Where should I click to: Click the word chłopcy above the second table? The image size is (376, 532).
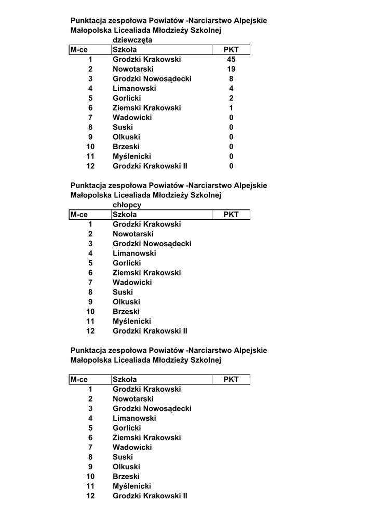tap(127, 205)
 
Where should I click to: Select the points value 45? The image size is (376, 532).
tap(231, 60)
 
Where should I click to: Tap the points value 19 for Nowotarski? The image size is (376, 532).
tap(231, 69)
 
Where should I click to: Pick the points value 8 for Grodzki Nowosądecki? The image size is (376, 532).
tap(231, 79)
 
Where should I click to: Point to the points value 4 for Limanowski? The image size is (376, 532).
tap(231, 88)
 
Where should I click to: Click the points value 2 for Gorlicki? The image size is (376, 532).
tap(231, 98)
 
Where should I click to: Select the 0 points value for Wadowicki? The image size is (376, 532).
tap(231, 118)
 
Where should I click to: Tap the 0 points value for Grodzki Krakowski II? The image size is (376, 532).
tap(231, 166)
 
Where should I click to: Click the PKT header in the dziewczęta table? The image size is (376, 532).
tap(231, 50)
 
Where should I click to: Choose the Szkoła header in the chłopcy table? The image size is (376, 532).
tap(125, 215)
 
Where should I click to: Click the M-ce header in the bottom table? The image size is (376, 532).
tap(79, 380)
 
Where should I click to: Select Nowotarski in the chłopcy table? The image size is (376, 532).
tap(133, 234)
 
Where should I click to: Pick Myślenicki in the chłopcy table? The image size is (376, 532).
tap(132, 321)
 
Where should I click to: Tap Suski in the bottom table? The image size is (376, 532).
tap(123, 457)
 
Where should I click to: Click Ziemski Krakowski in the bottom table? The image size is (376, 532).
tap(147, 438)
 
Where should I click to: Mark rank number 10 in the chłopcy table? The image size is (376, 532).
tap(90, 312)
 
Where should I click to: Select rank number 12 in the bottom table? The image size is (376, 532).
tap(90, 496)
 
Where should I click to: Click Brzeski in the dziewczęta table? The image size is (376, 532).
tap(126, 147)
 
